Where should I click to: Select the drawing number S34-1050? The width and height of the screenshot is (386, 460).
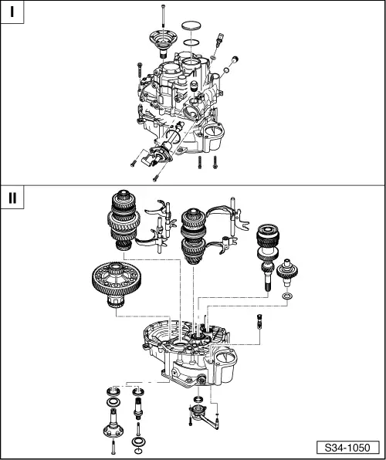(347, 448)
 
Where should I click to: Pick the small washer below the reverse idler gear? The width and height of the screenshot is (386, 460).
(288, 296)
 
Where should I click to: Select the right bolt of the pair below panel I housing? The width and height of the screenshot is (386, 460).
(215, 161)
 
